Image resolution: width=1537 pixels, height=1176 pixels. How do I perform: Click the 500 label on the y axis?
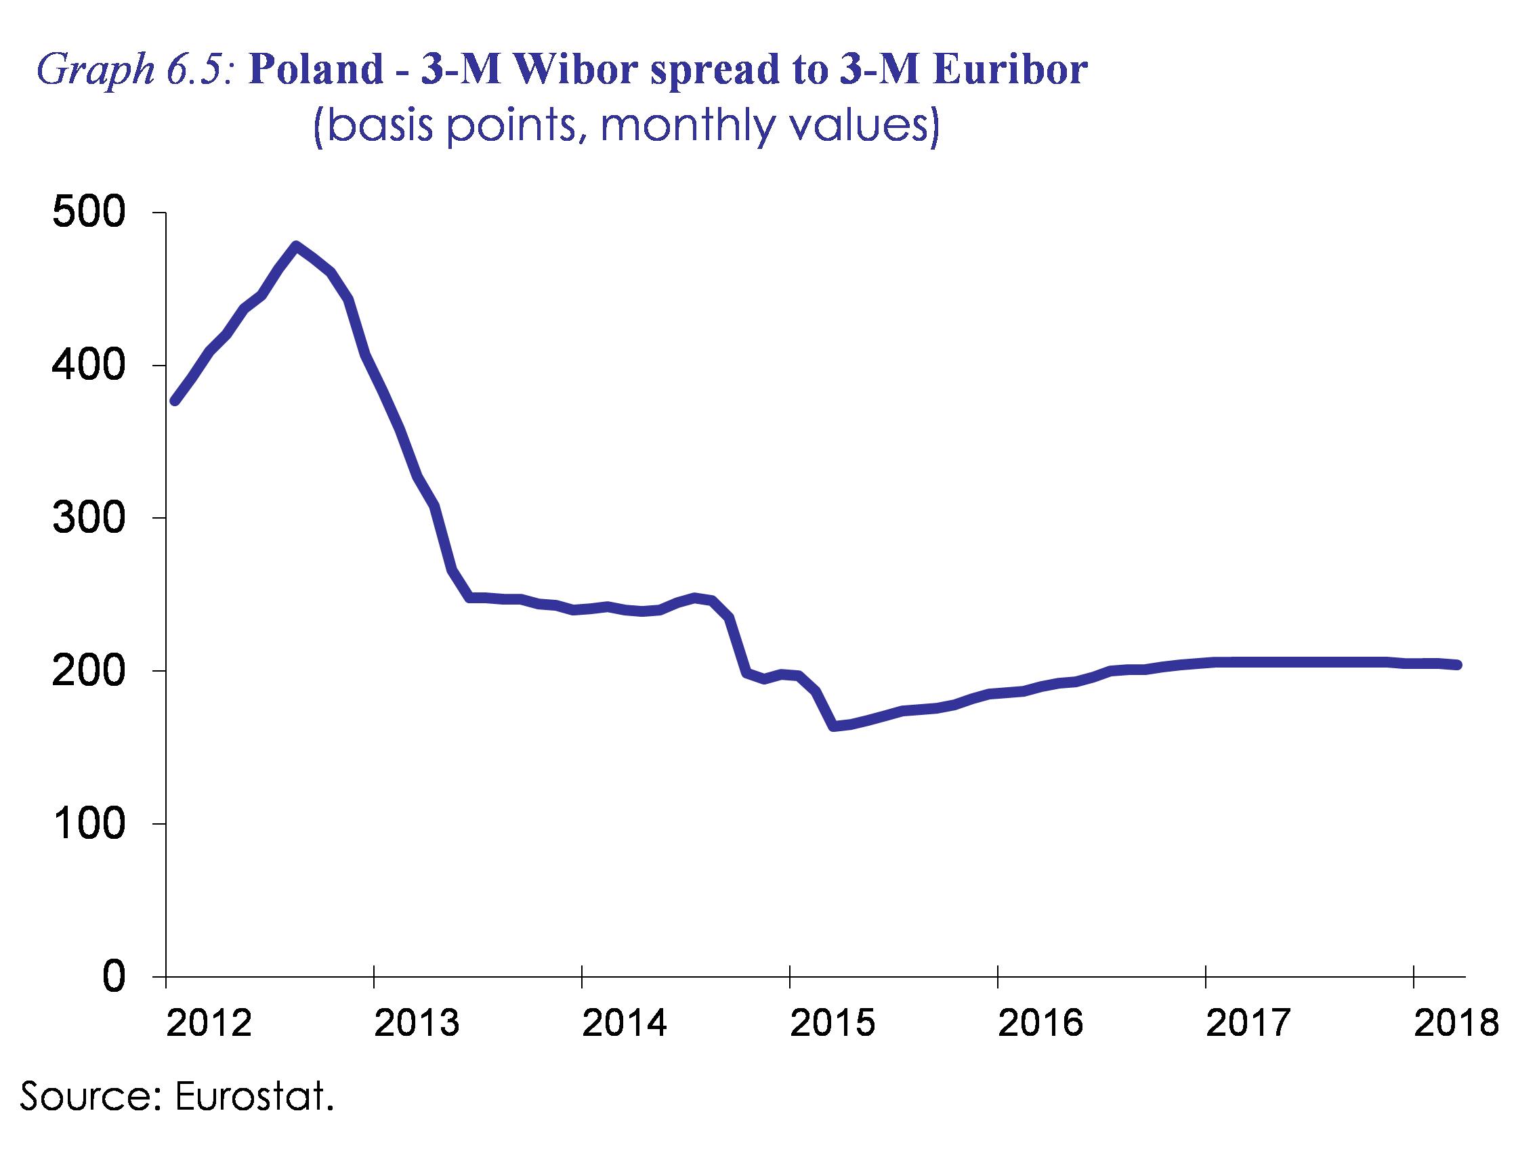pyautogui.click(x=89, y=212)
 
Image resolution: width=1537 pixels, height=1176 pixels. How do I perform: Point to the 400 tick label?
pyautogui.click(x=89, y=366)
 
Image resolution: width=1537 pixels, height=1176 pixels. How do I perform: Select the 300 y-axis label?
pyautogui.click(x=89, y=518)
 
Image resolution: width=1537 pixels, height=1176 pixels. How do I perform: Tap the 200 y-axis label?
pyautogui.click(x=89, y=671)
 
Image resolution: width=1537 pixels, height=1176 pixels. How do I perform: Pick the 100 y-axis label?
pyautogui.click(x=89, y=824)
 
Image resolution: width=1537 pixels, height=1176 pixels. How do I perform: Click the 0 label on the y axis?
pyautogui.click(x=114, y=976)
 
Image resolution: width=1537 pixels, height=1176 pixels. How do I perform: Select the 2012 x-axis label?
pyautogui.click(x=209, y=1024)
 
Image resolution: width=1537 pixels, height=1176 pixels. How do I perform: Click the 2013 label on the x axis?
pyautogui.click(x=417, y=1024)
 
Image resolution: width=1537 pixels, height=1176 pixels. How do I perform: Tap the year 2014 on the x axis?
pyautogui.click(x=625, y=1024)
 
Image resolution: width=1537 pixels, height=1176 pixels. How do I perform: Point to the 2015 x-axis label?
pyautogui.click(x=833, y=1024)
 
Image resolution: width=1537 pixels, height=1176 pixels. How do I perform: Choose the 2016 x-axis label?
pyautogui.click(x=1040, y=1024)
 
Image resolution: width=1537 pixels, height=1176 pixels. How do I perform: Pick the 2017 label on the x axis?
pyautogui.click(x=1248, y=1024)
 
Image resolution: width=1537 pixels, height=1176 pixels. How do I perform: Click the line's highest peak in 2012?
pyautogui.click(x=296, y=246)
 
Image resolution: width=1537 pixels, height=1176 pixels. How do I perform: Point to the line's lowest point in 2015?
pyautogui.click(x=833, y=726)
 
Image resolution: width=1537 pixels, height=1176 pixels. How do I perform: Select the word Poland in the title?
pyautogui.click(x=315, y=70)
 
